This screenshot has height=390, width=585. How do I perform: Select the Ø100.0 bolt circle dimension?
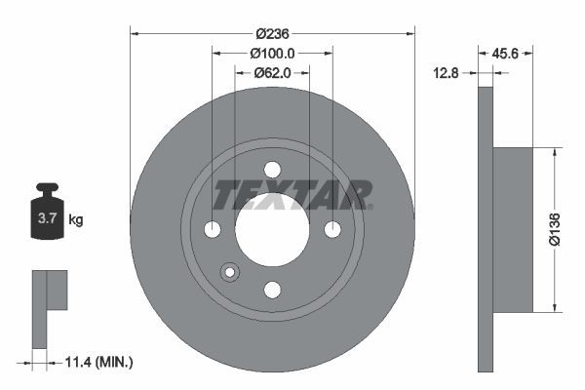(x=272, y=52)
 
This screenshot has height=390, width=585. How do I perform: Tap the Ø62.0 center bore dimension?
(x=272, y=71)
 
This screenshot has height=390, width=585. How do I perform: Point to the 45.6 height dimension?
(x=504, y=55)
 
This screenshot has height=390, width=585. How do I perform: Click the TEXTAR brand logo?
(x=292, y=195)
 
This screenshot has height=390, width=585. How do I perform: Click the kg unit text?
(x=76, y=220)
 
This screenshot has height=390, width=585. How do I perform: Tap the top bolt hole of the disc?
(x=272, y=169)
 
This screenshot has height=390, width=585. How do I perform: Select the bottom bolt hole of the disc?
(x=272, y=289)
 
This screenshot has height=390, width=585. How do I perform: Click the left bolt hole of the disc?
(x=213, y=229)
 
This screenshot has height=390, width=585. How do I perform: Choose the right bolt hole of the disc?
(x=332, y=229)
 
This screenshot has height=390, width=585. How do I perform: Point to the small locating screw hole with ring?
(x=230, y=272)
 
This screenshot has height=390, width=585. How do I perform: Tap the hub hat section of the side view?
(x=514, y=230)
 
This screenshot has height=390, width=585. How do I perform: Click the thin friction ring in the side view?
(x=486, y=230)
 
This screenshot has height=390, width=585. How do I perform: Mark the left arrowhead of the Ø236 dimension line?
(x=134, y=33)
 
